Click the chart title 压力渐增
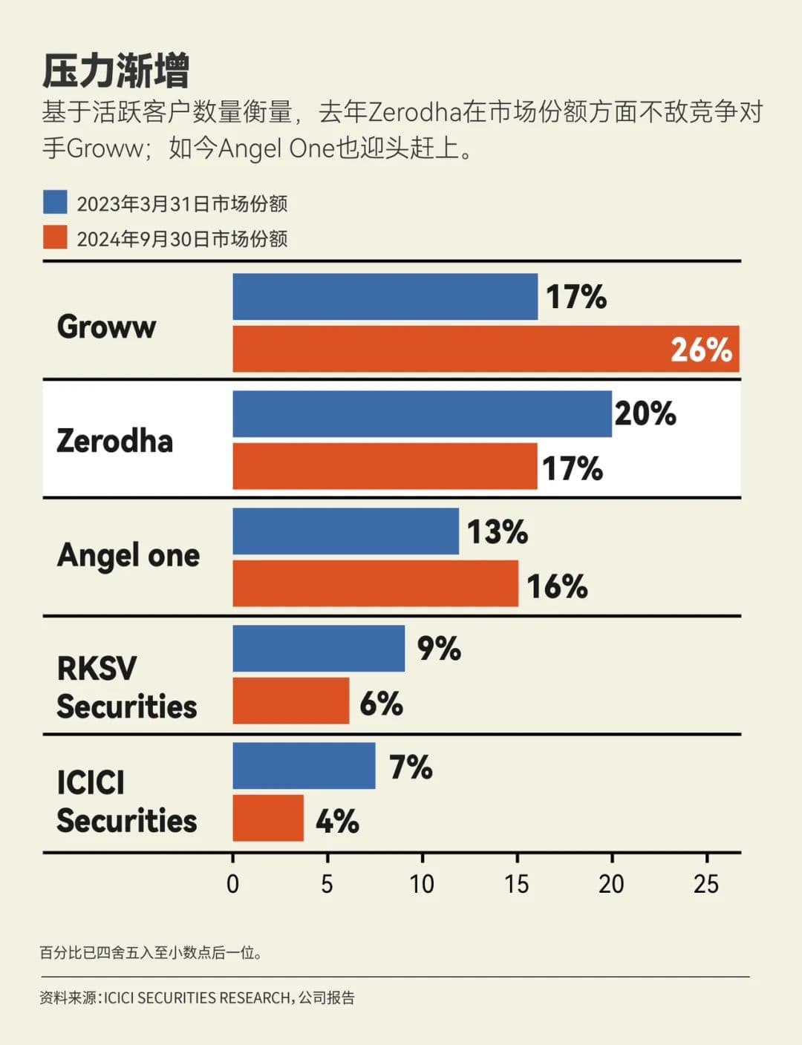point(116,71)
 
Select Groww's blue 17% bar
point(385,297)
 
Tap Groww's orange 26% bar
point(486,349)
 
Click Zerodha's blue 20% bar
point(422,414)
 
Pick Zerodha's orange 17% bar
point(385,467)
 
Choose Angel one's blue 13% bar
point(345,531)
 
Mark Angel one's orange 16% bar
point(375,584)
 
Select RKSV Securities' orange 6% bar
point(290,701)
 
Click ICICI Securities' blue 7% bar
point(304,766)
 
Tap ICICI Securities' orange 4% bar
point(268,819)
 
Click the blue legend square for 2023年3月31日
point(55,203)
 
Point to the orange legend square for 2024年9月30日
point(55,237)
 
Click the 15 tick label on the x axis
point(517,884)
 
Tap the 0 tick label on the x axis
point(232,884)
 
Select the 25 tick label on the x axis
point(706,884)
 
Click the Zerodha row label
point(114,441)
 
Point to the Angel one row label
point(128,555)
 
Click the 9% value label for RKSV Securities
point(439,649)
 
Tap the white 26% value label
point(701,350)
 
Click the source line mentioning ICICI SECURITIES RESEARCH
point(197,998)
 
